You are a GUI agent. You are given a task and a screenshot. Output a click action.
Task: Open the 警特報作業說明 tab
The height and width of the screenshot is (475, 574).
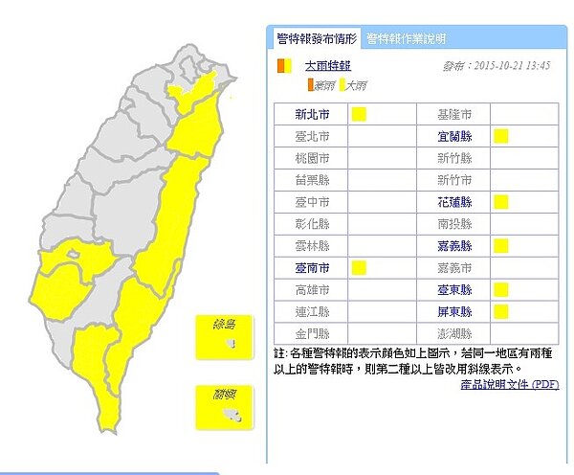tap(406, 39)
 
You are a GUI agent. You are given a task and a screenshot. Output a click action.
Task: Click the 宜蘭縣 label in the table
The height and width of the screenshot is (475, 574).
tap(454, 136)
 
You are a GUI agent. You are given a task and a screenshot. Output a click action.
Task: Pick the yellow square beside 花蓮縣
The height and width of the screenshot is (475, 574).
tap(500, 201)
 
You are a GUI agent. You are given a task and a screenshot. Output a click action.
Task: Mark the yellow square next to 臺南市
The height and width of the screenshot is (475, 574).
tap(360, 266)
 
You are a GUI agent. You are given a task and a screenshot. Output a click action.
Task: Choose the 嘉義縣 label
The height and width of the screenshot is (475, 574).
tap(454, 245)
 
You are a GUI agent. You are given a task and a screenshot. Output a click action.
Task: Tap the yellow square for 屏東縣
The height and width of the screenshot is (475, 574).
tap(500, 311)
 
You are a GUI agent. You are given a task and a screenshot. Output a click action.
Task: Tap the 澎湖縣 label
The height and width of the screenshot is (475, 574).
tap(454, 333)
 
